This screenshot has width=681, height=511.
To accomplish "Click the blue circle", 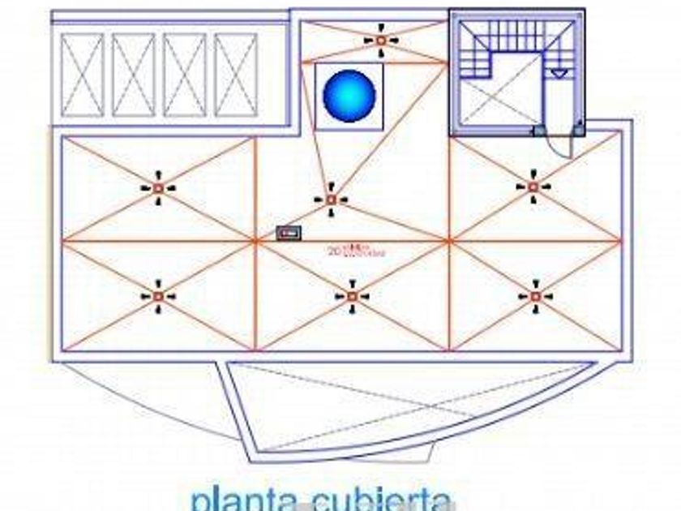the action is click(349, 96).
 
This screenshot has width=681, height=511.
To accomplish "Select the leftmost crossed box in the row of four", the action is click(83, 75).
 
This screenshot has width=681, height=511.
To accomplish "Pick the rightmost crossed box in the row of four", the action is click(236, 75).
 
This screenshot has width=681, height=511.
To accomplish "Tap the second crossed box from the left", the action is click(134, 75).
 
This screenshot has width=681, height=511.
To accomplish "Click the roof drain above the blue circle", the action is click(380, 40).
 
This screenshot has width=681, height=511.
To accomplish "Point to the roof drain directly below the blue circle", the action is click(331, 199).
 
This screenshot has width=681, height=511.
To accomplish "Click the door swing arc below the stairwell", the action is click(560, 146).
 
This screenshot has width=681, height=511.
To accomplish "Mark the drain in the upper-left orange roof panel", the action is click(158, 188).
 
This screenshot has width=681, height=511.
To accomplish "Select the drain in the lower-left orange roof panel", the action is click(157, 297).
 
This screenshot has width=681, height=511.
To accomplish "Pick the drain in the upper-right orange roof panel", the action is click(533, 187).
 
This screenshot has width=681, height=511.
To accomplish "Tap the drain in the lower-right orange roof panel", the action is click(535, 297).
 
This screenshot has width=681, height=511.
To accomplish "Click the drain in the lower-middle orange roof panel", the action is click(352, 297).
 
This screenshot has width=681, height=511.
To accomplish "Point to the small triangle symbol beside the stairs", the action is click(559, 73).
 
